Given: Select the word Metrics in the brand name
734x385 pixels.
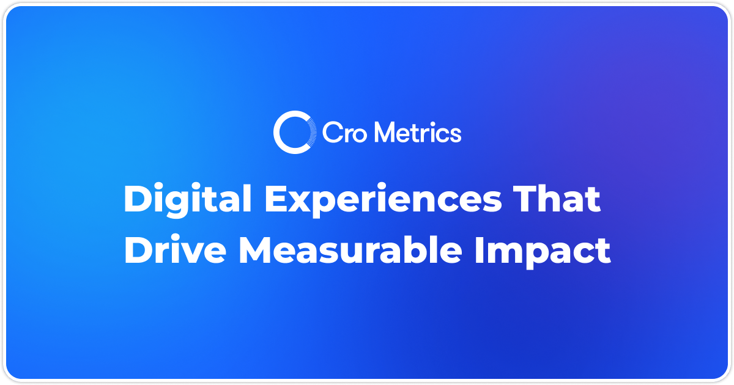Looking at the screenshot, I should click(x=417, y=132).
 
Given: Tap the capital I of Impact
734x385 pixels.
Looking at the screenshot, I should click(x=481, y=251).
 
